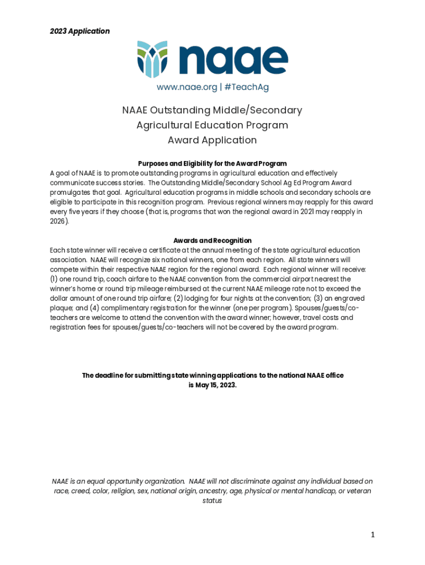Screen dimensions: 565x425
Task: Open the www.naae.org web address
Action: [187, 87]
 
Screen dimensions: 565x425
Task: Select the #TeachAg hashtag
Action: [247, 87]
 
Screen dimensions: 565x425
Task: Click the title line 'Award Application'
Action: [212, 140]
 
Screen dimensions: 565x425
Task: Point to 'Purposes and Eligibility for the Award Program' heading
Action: [212, 164]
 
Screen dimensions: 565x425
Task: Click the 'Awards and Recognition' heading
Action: [212, 241]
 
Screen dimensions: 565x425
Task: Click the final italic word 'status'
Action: [212, 501]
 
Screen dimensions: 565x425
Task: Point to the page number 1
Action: [373, 535]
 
